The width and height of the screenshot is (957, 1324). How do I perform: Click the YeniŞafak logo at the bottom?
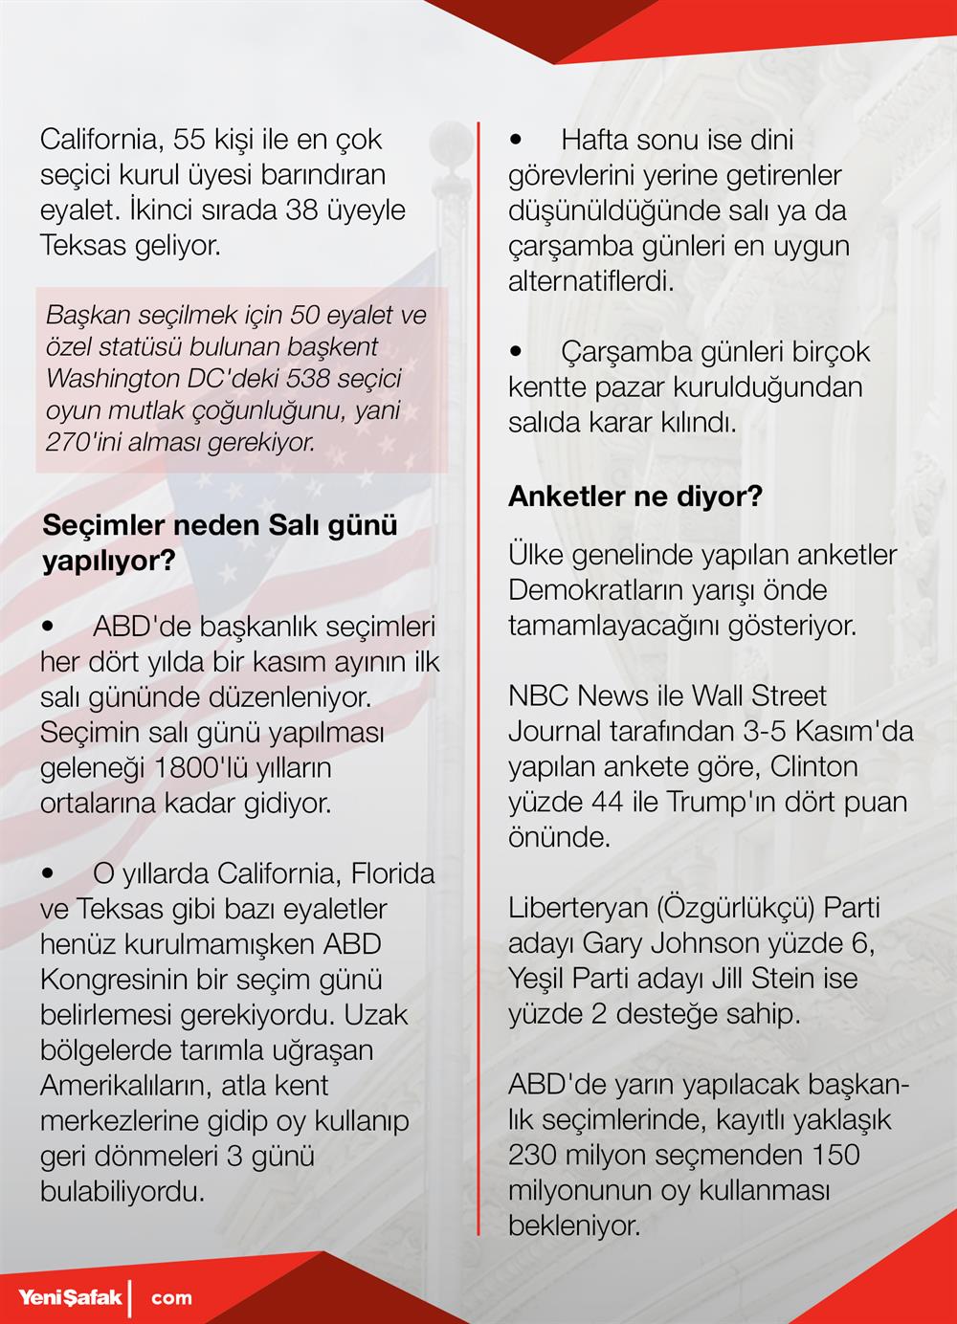72,1297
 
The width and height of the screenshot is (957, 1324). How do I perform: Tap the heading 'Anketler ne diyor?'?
634,496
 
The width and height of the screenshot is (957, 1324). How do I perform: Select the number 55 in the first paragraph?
189,140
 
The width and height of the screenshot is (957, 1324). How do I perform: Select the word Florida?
392,873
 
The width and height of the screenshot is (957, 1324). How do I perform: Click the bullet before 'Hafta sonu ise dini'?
517,140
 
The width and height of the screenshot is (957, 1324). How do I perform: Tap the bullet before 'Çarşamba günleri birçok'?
517,352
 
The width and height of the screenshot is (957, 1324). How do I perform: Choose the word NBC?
539,695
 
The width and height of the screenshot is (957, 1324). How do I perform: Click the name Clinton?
813,766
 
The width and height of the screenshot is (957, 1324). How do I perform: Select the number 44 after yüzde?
607,802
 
